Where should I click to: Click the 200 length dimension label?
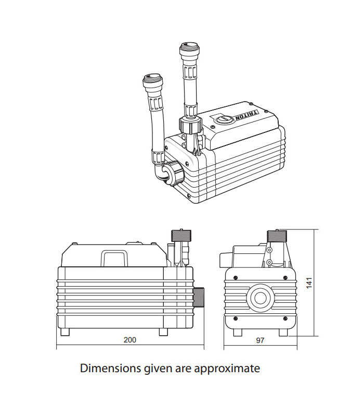click(129, 340)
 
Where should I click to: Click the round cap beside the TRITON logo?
click(222, 119)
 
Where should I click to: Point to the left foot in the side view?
click(65, 332)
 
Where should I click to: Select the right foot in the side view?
click(163, 332)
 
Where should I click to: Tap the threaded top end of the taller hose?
click(187, 52)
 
